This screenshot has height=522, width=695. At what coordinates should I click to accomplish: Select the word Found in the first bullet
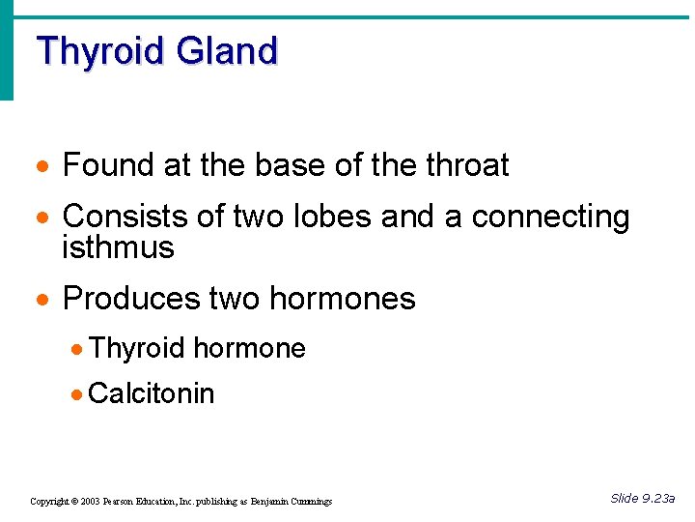(109, 165)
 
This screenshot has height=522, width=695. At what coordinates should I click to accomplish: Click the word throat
(467, 165)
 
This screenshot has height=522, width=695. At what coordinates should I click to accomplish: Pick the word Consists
(119, 217)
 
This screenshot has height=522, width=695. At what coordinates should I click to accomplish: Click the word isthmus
(118, 247)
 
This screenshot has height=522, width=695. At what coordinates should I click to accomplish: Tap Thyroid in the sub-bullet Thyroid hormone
(138, 348)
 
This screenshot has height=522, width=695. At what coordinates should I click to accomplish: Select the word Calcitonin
(151, 393)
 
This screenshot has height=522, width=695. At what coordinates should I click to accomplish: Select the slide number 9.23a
(658, 499)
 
